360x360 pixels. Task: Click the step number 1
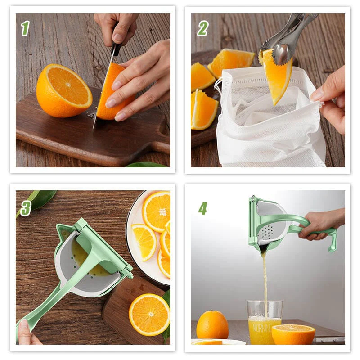[x=25, y=28]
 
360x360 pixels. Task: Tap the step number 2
[x=202, y=28]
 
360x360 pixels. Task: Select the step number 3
[x=26, y=208]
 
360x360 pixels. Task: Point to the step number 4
[x=203, y=208]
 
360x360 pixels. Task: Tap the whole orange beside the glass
[x=212, y=324]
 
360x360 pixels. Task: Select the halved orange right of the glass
[x=293, y=334]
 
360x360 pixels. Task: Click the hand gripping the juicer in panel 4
[x=322, y=223]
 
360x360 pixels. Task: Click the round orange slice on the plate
[x=156, y=211]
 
